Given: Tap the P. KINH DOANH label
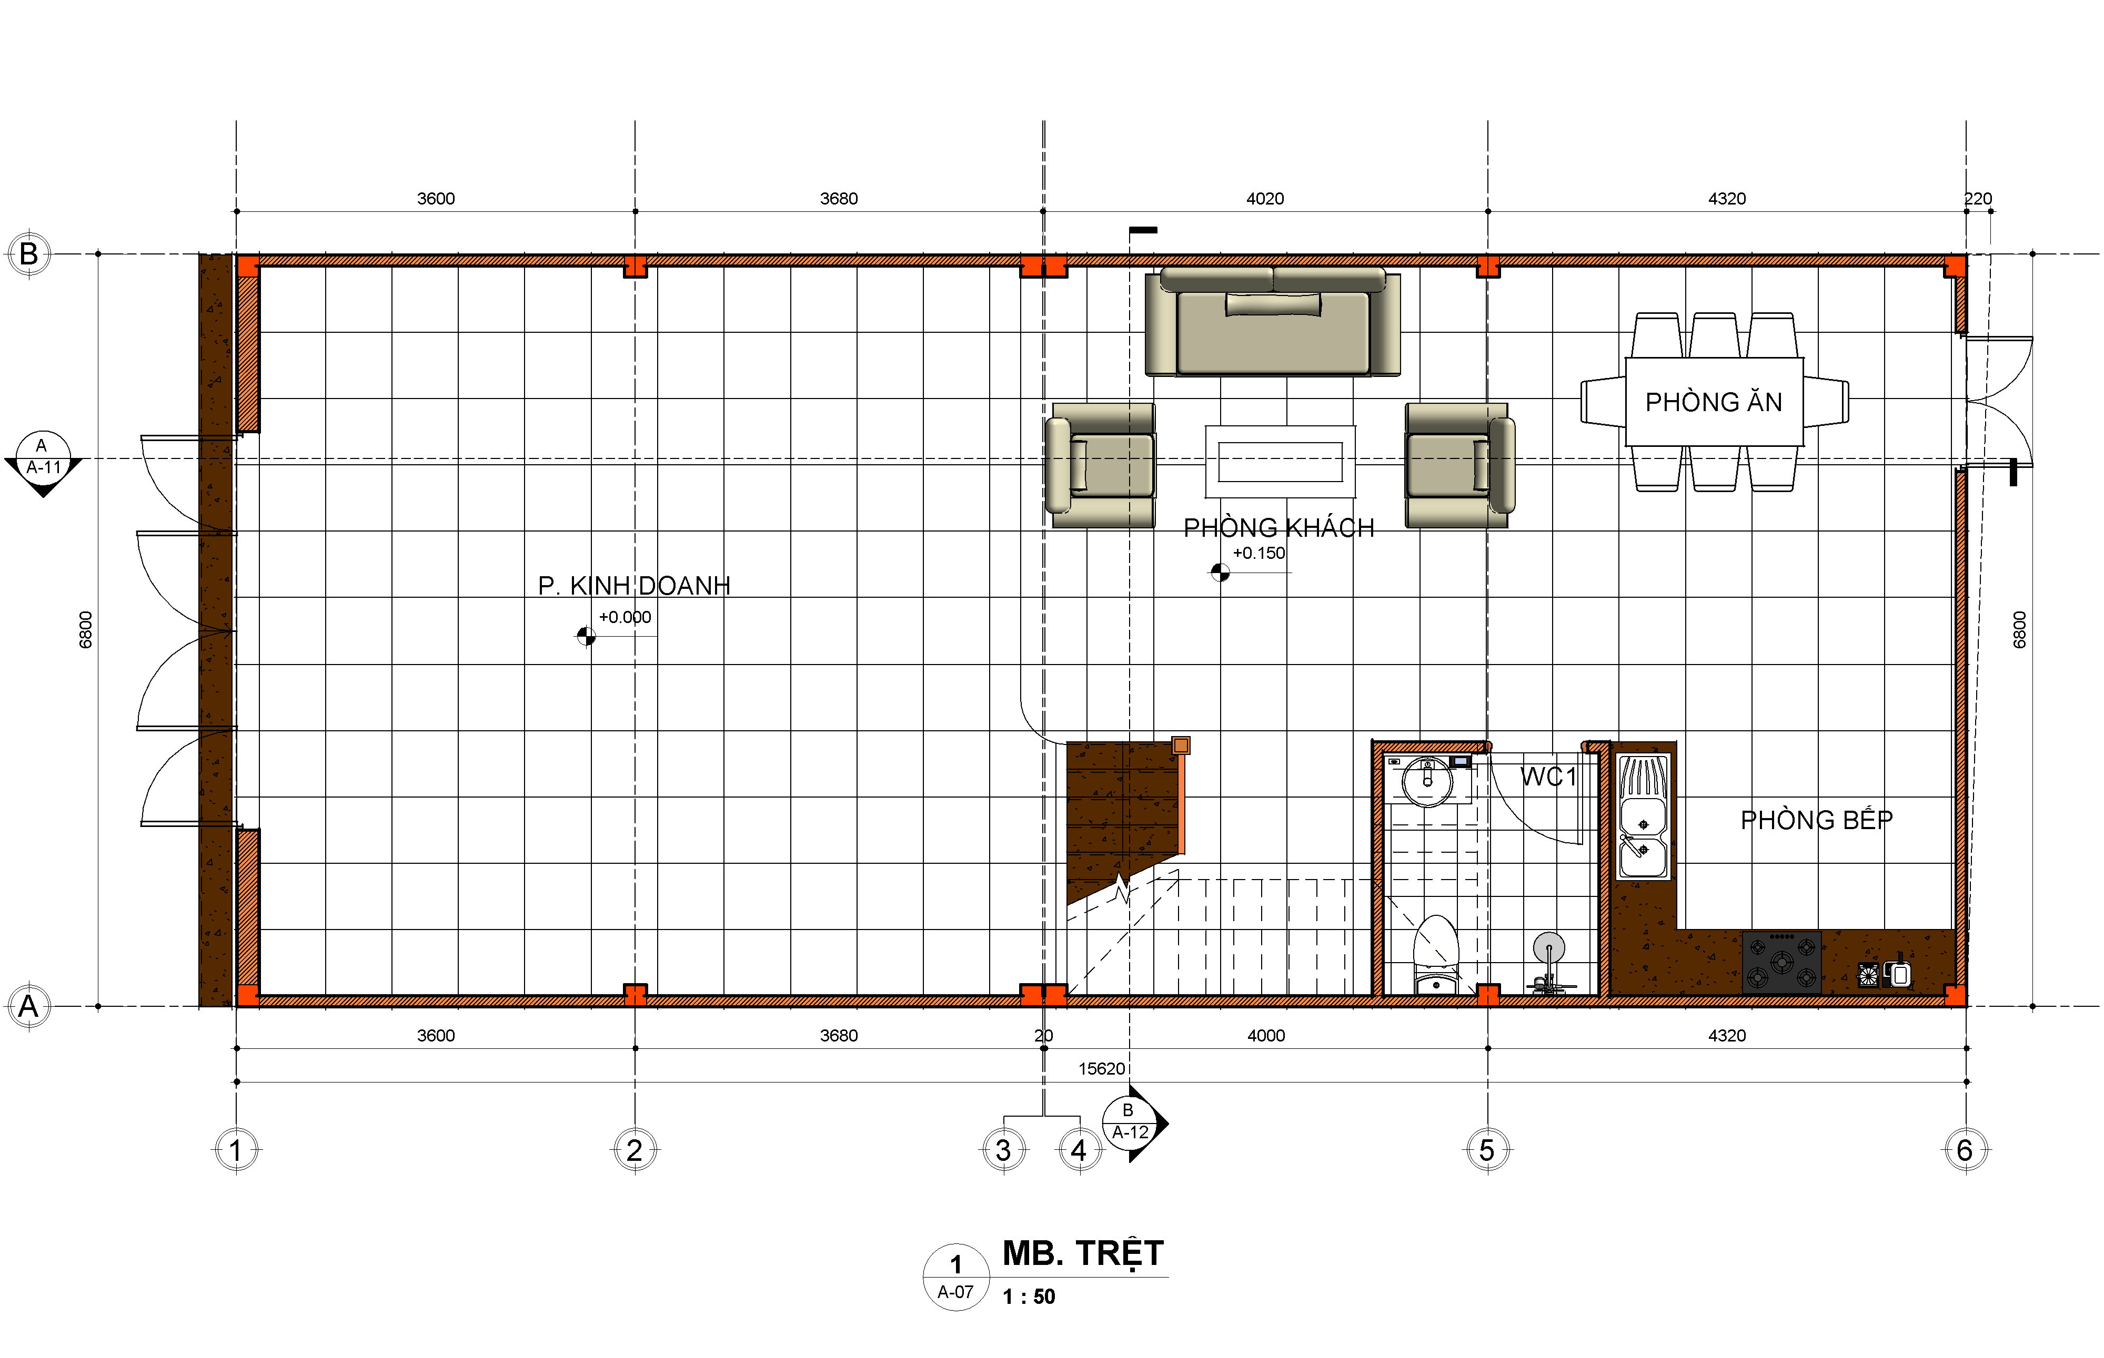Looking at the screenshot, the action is (635, 586).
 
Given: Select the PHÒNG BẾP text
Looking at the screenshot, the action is (1816, 820).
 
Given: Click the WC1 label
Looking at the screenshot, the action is (1547, 777).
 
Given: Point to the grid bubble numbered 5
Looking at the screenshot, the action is (1487, 1150).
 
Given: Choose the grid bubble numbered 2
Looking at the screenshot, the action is (635, 1150).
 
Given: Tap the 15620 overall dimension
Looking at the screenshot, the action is (1102, 1069).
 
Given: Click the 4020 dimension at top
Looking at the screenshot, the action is (1265, 198).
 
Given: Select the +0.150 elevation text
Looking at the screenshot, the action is (1259, 553).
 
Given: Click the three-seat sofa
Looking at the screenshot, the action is (1272, 322).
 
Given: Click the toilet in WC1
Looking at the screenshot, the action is (1435, 955).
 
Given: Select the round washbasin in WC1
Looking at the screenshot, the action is (1427, 780).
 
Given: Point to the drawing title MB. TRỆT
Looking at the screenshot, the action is (1083, 1253).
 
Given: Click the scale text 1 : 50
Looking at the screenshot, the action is (1029, 1296).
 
